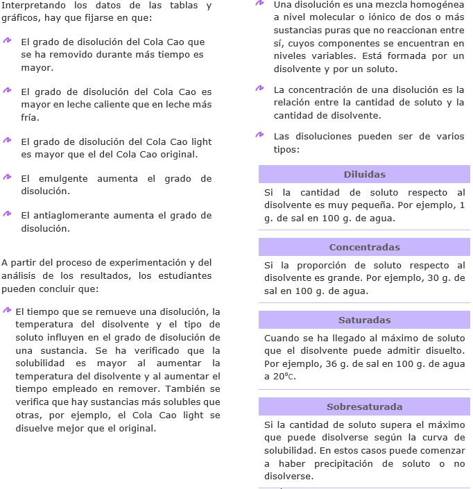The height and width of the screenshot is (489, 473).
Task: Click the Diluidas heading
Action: [x=364, y=174]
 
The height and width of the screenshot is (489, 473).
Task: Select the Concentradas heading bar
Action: [x=364, y=247]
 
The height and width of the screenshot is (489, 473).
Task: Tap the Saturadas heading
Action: [x=364, y=320]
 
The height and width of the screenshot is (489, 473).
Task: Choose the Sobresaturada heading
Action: [x=364, y=406]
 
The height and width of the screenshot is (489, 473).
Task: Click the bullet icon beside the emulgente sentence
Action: [x=7, y=177]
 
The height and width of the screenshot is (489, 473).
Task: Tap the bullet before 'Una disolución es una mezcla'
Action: [x=259, y=3]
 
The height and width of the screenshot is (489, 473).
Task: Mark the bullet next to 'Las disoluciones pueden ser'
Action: [x=259, y=135]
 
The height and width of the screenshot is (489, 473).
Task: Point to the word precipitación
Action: [x=340, y=463]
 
